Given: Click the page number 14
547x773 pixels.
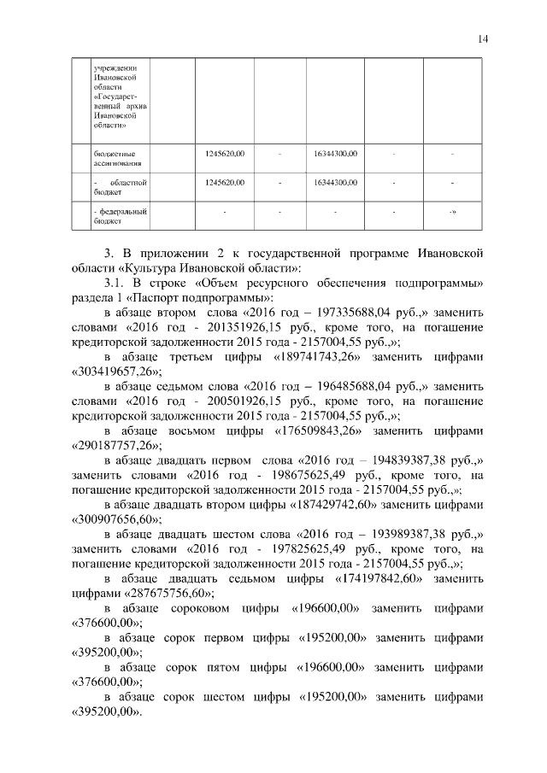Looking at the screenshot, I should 483,38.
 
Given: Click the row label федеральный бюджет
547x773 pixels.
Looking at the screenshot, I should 119,214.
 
